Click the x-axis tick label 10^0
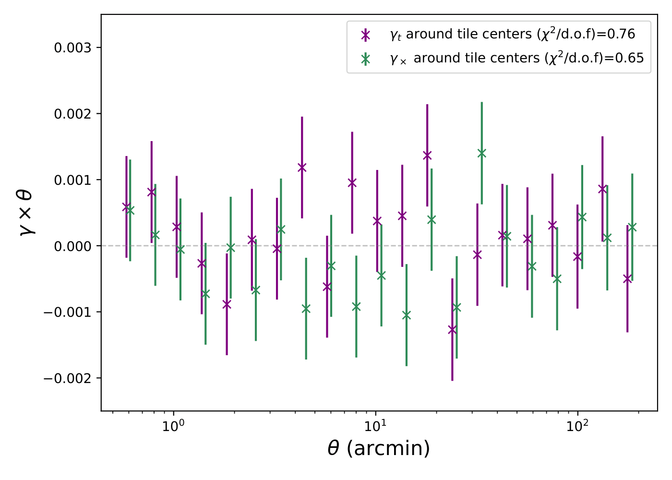173,426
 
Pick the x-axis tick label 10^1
375,426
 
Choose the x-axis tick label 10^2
577,426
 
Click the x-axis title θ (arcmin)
379,448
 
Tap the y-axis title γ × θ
25,212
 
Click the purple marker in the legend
366,35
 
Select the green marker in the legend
366,59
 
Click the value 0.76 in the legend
621,34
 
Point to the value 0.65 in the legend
629,58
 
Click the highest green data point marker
482,153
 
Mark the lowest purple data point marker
452,330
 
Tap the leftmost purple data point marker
126,207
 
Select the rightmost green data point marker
632,227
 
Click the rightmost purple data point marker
627,279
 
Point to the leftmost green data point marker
130,210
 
